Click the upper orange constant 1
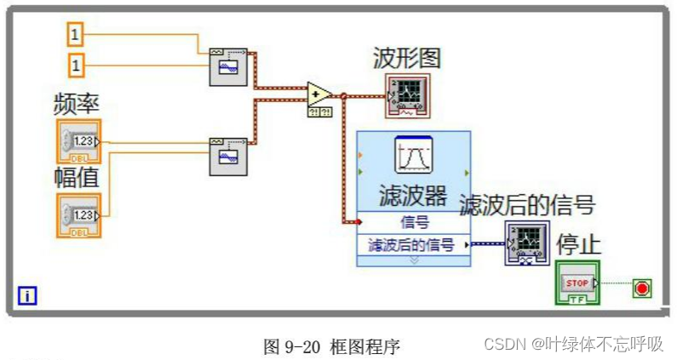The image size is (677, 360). (75, 34)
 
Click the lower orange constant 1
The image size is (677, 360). (75, 64)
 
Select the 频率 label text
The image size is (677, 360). (77, 106)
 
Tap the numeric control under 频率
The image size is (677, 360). (79, 141)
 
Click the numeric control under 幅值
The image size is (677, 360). (79, 215)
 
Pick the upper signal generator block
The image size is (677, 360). (228, 66)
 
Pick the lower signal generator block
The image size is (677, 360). (228, 157)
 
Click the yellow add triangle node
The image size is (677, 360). (319, 94)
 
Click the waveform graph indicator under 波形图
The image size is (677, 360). (407, 95)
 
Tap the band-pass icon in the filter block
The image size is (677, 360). (414, 156)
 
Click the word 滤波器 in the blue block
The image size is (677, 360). (413, 196)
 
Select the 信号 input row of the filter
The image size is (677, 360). (413, 222)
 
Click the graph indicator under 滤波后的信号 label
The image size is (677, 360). (526, 243)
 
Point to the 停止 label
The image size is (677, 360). (579, 244)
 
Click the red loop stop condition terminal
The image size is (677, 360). (641, 289)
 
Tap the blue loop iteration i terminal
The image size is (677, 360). (28, 296)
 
